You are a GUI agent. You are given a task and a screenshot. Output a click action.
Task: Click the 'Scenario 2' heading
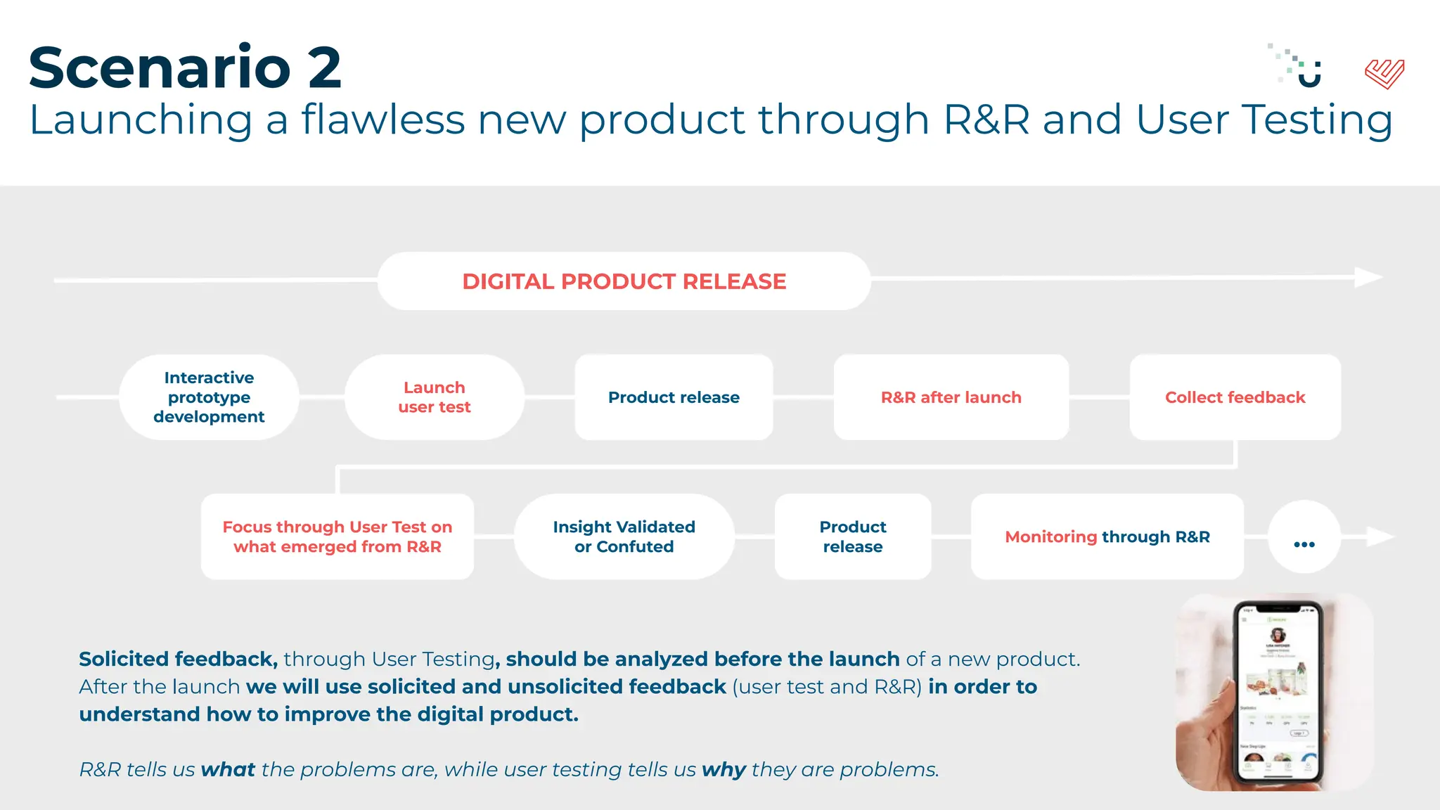[x=185, y=68]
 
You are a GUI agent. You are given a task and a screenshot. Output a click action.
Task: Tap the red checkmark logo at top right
[x=1384, y=74]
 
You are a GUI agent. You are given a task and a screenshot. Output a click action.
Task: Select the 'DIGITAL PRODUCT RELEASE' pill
[x=624, y=281]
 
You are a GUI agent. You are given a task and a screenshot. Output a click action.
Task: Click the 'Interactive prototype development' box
[x=209, y=397]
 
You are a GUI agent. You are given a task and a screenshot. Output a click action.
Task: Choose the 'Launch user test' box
[x=434, y=397]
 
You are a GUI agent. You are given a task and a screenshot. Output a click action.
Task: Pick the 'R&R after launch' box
[x=951, y=397]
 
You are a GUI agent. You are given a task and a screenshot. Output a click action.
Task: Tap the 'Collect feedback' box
[x=1235, y=397]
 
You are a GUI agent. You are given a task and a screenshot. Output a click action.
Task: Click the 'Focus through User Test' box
[x=337, y=536]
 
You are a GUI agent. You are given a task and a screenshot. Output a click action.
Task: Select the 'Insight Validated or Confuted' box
[x=624, y=536]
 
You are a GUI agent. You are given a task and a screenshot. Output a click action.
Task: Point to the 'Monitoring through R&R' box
[x=1107, y=536]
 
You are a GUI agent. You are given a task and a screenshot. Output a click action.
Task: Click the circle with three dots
[x=1304, y=537]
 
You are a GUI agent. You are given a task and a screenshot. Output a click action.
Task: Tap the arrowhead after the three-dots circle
[x=1379, y=537]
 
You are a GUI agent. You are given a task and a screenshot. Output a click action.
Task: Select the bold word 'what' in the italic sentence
[x=227, y=770]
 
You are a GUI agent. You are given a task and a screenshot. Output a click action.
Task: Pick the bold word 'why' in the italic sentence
[x=724, y=770]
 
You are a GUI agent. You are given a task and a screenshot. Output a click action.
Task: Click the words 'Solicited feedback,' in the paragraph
[x=178, y=660]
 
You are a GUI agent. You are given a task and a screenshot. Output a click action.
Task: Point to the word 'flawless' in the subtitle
[x=383, y=120]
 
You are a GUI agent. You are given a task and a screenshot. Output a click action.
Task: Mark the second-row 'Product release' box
[x=852, y=536]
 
